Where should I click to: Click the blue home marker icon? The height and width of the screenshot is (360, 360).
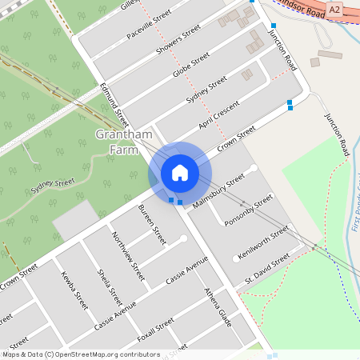180,173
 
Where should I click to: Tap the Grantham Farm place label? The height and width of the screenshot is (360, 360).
124,142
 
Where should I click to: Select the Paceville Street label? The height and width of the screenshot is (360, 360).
149,26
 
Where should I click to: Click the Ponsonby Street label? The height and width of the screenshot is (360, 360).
249,209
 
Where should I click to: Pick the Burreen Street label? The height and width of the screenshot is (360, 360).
151,224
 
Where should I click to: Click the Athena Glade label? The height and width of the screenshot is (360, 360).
218,307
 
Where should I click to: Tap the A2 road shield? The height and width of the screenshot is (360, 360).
334,9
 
